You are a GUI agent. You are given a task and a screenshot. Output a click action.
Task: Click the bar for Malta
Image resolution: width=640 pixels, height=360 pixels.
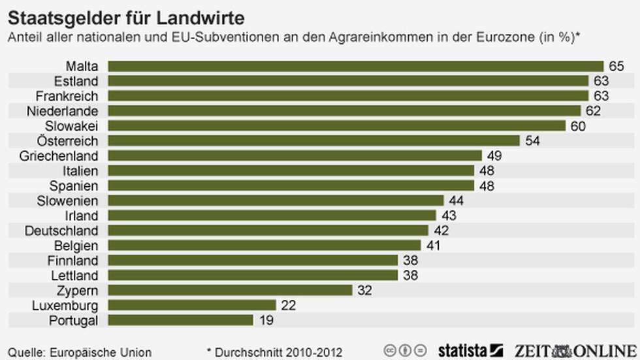355,66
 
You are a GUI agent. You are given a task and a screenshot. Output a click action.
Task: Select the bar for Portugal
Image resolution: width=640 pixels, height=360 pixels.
180,320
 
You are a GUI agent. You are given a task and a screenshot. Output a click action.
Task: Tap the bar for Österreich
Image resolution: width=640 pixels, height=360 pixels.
313,140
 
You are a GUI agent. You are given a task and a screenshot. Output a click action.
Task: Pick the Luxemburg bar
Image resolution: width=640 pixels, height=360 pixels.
191,305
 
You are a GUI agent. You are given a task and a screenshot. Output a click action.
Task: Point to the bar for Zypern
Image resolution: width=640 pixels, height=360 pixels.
230,290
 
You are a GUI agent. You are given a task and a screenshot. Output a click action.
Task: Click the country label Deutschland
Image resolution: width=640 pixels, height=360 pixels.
61,231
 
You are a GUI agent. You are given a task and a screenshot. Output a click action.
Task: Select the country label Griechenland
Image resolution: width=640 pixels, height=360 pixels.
59,155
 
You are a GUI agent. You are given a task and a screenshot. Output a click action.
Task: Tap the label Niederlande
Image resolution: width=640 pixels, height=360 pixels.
63,111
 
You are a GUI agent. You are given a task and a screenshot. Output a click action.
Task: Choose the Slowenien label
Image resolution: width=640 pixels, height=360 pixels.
68,201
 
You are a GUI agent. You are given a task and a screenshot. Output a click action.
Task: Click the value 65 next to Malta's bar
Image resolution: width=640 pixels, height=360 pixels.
616,66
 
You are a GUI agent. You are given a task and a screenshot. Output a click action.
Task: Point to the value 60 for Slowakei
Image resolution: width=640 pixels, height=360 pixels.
578,126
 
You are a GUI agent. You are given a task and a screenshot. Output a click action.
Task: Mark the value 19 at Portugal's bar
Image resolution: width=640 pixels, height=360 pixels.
265,320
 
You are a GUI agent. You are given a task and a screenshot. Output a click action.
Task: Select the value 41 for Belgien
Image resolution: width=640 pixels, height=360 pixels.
433,246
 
